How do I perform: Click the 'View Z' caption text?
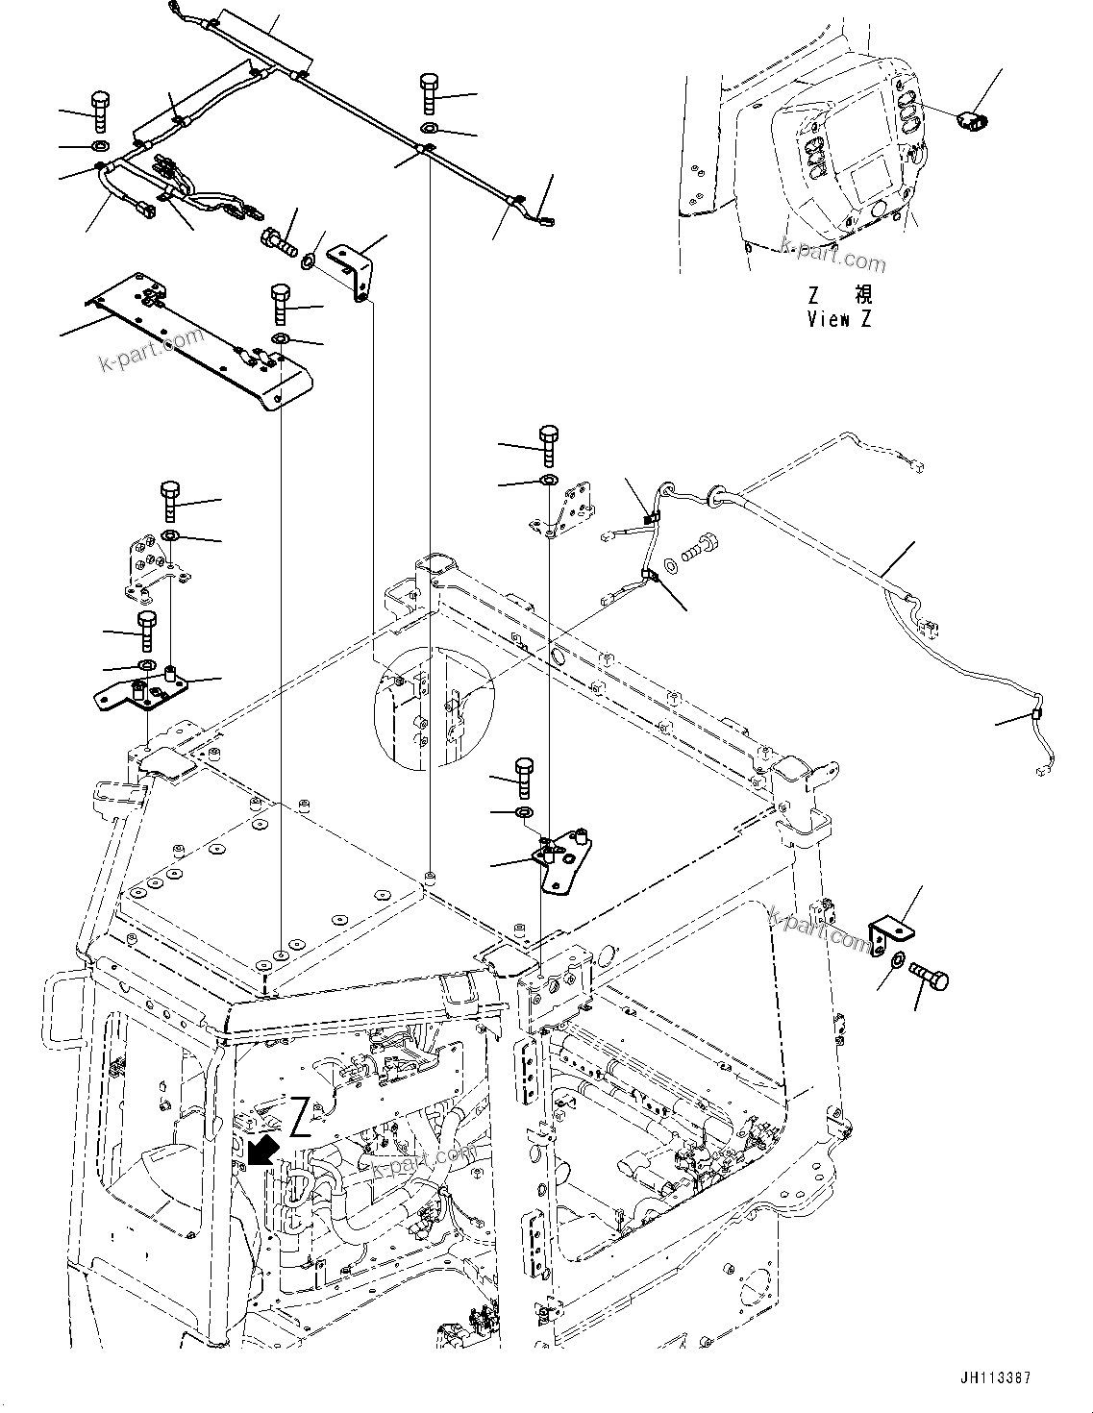(839, 320)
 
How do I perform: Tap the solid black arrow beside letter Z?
(259, 1147)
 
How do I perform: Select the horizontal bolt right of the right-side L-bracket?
(931, 977)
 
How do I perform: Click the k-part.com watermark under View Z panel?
(833, 257)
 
